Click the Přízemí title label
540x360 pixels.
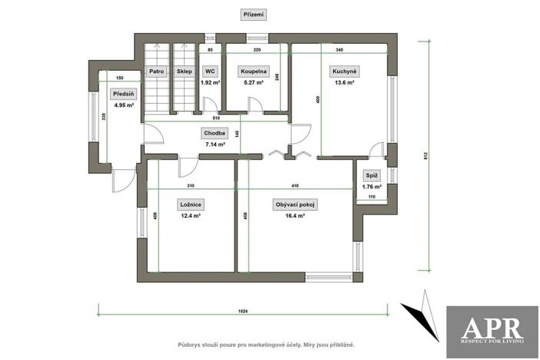pyautogui.click(x=253, y=15)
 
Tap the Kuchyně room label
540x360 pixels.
pyautogui.click(x=342, y=72)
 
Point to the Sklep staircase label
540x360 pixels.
pyautogui.click(x=184, y=72)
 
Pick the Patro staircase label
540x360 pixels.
pyautogui.click(x=157, y=72)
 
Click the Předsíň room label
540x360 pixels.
pyautogui.click(x=123, y=94)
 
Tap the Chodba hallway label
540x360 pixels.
pyautogui.click(x=215, y=132)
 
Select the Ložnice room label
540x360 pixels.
pyautogui.click(x=190, y=205)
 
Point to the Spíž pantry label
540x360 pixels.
pyautogui.click(x=372, y=175)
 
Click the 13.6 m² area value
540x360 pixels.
pyautogui.click(x=342, y=82)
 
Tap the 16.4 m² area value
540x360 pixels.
pyautogui.click(x=296, y=216)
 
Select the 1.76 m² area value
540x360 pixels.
pyautogui.click(x=372, y=186)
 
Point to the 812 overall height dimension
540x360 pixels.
pyautogui.click(x=425, y=154)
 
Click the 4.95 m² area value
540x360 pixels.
pyautogui.click(x=123, y=105)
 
